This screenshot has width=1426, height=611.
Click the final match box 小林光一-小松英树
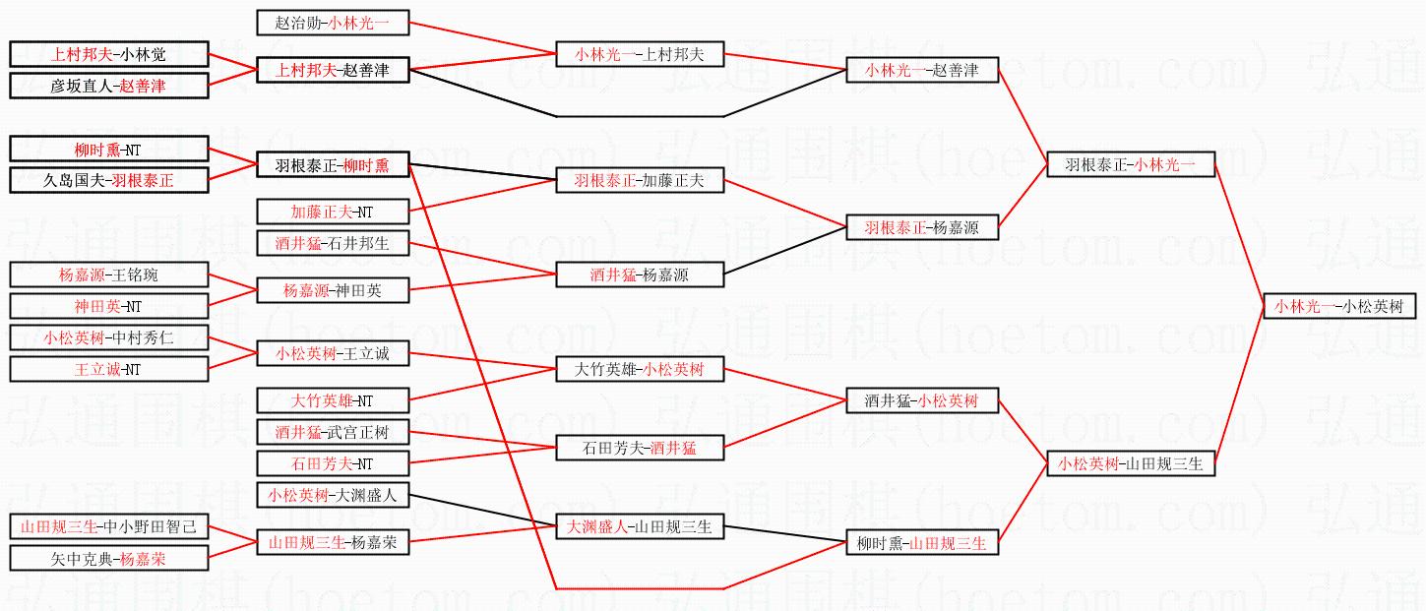pyautogui.click(x=1339, y=306)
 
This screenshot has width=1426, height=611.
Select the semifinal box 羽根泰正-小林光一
pyautogui.click(x=1131, y=164)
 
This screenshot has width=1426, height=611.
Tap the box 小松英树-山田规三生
pyautogui.click(x=1131, y=463)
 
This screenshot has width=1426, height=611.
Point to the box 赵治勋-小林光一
pyautogui.click(x=333, y=23)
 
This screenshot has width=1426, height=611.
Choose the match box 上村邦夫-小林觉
pyautogui.click(x=108, y=54)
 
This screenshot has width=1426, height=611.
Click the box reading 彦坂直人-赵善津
pyautogui.click(x=108, y=86)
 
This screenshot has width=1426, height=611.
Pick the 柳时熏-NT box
pyautogui.click(x=108, y=149)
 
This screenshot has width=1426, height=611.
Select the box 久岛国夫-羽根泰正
pyautogui.click(x=108, y=180)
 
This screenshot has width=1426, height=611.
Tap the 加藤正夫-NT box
pyautogui.click(x=333, y=212)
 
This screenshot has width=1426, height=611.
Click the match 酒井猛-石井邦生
pyautogui.click(x=333, y=243)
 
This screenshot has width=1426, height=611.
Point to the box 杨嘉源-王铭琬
pyautogui.click(x=108, y=275)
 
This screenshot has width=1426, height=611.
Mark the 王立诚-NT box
pyautogui.click(x=108, y=369)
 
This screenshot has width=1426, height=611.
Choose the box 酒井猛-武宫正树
pyautogui.click(x=333, y=432)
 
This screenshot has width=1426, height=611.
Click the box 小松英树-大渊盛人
pyautogui.click(x=333, y=495)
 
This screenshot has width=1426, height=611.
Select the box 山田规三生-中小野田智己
pyautogui.click(x=108, y=526)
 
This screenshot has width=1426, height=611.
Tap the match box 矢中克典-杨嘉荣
pyautogui.click(x=108, y=558)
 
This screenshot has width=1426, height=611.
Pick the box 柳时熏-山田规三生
pyautogui.click(x=922, y=542)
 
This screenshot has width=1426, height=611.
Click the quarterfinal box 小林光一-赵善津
pyautogui.click(x=922, y=70)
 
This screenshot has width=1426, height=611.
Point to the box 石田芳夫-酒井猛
pyautogui.click(x=640, y=448)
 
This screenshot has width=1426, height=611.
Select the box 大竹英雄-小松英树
pyautogui.click(x=640, y=369)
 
